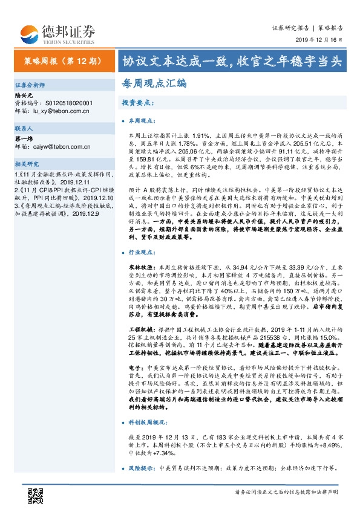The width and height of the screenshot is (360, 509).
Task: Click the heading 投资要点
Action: [x=137, y=103]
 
